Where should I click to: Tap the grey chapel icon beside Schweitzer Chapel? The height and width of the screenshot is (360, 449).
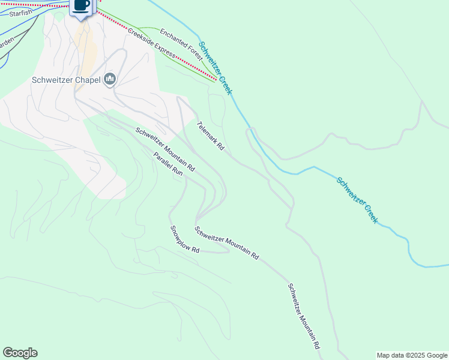(x=110, y=79)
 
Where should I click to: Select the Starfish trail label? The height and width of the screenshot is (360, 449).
(x=20, y=12)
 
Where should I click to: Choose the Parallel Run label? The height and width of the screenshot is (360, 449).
(x=167, y=163)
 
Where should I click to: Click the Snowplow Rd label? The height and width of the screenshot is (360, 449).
(x=184, y=239)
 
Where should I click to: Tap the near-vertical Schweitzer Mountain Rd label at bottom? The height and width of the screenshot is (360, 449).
(x=303, y=316)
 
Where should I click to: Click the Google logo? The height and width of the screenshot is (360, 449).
(x=20, y=353)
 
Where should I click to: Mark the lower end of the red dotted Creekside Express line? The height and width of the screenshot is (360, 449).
(x=215, y=79)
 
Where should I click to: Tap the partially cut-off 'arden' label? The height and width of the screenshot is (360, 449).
(x=6, y=43)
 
